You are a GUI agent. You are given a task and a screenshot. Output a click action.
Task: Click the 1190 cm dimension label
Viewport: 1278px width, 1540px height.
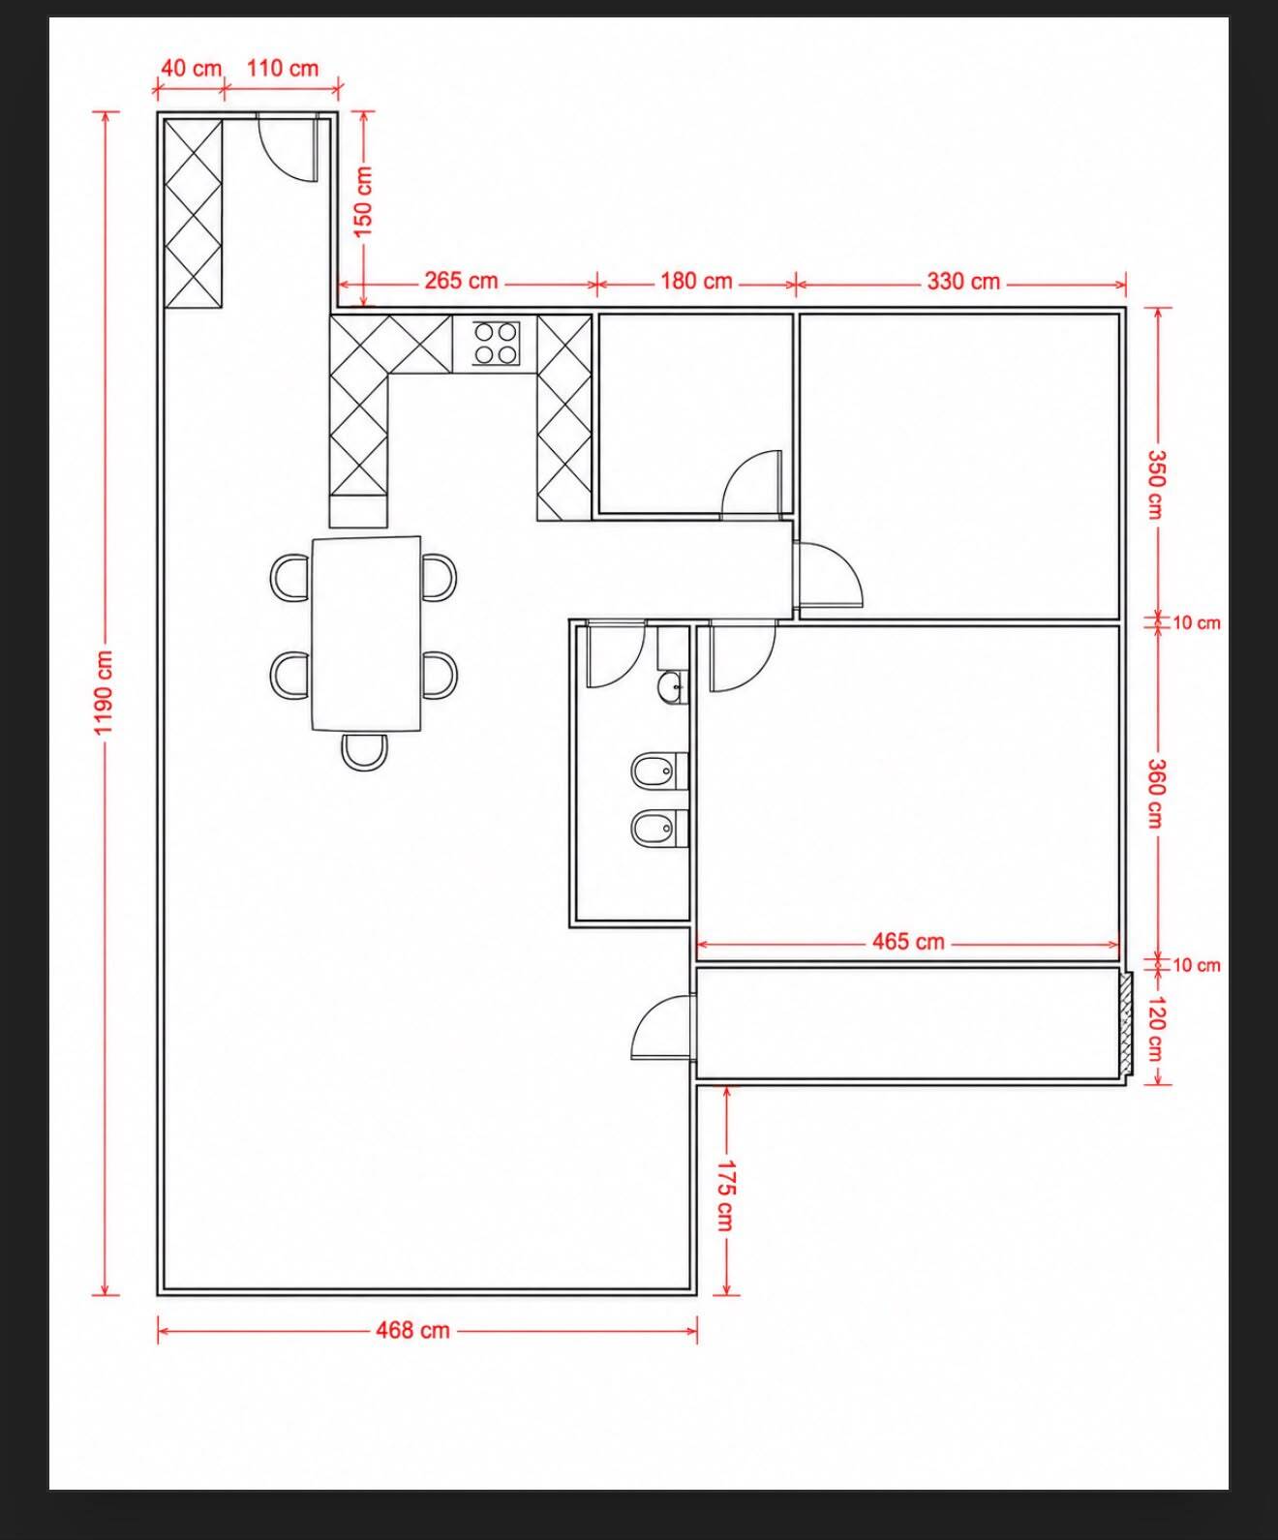[x=104, y=692]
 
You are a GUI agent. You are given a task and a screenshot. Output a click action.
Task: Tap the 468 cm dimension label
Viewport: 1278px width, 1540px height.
[x=413, y=1330]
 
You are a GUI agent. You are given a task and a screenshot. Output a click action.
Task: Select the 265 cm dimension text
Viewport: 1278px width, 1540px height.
[x=461, y=281]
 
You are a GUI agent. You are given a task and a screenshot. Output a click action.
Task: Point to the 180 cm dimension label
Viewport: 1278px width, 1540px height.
[x=696, y=281]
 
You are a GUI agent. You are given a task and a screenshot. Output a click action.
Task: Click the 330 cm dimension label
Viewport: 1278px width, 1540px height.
[x=963, y=281]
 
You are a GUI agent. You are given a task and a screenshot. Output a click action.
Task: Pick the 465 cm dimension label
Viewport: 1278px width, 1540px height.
[x=907, y=942]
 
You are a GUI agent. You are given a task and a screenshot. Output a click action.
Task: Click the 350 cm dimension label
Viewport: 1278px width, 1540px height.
[x=1155, y=484]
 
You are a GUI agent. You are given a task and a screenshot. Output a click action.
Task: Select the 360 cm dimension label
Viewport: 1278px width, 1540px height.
[x=1155, y=794]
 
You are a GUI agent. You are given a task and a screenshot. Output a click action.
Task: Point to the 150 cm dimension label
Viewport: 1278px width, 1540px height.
[x=364, y=201]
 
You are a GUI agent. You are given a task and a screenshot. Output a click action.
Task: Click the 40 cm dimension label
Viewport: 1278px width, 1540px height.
[x=191, y=69]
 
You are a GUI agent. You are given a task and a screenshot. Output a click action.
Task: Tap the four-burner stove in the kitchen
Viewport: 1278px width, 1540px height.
[x=496, y=344]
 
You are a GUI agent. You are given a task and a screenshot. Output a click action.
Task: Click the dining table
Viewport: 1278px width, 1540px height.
[x=367, y=634]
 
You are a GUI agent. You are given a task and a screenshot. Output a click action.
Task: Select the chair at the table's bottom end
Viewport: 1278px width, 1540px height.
[x=364, y=752]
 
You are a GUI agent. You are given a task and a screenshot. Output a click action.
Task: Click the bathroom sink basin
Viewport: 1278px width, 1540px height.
[x=672, y=687]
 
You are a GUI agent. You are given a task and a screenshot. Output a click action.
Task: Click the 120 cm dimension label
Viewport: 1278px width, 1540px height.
[x=1155, y=1028]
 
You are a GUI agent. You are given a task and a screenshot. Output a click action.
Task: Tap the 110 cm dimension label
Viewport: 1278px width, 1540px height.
[x=283, y=69]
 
